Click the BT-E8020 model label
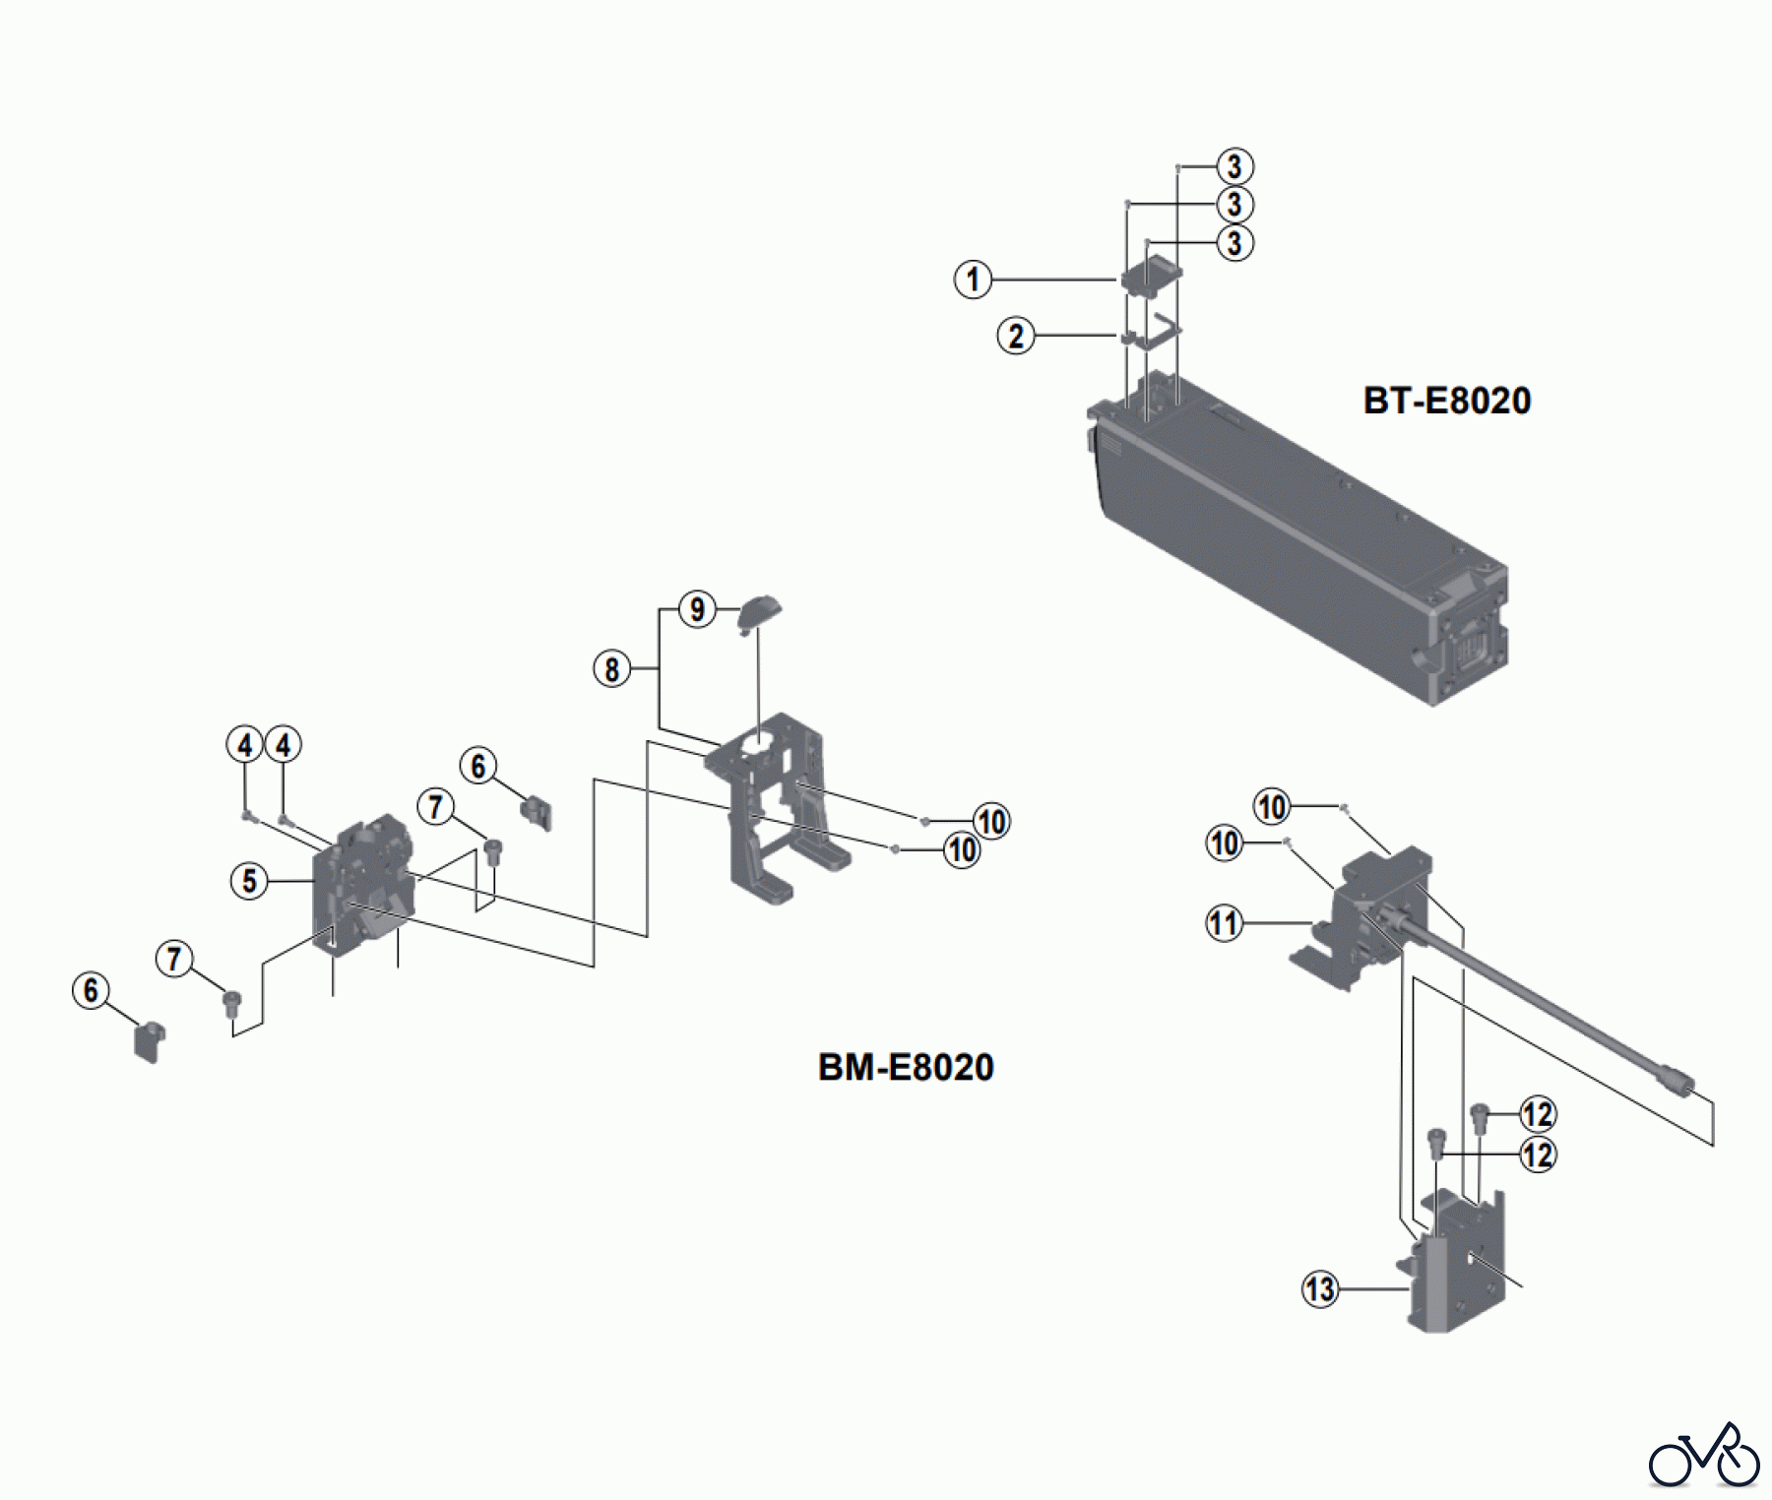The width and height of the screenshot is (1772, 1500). (1446, 401)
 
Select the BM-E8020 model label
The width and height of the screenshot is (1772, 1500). (906, 1067)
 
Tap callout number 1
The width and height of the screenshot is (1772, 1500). (973, 280)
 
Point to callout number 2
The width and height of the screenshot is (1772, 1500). (1016, 336)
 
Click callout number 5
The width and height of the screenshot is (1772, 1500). (249, 881)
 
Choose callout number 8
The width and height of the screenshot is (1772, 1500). (611, 669)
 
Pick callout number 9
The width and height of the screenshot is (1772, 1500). (697, 609)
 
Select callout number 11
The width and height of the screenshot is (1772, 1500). (1224, 923)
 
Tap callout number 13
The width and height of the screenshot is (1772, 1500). (1320, 1288)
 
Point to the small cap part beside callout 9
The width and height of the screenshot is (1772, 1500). (759, 611)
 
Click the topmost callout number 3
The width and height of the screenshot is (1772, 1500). (1234, 166)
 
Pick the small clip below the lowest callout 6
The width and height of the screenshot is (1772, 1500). (150, 1041)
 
